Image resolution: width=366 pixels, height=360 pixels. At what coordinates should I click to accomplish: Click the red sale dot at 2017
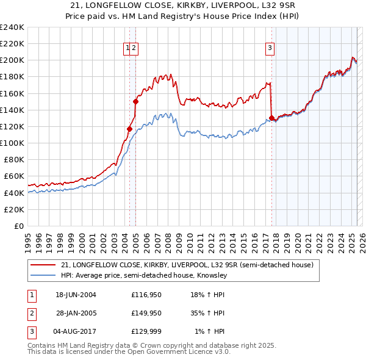(271, 118)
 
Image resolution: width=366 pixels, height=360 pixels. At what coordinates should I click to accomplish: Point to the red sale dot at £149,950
(135, 102)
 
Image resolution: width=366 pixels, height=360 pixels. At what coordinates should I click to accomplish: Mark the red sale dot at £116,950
(129, 129)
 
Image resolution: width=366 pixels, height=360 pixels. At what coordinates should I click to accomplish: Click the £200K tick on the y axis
(12, 60)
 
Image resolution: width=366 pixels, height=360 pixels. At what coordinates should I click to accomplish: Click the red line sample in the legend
(43, 265)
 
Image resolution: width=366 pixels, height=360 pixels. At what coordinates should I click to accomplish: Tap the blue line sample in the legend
(43, 275)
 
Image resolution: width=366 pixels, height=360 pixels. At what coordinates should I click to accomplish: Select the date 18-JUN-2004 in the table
(76, 295)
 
